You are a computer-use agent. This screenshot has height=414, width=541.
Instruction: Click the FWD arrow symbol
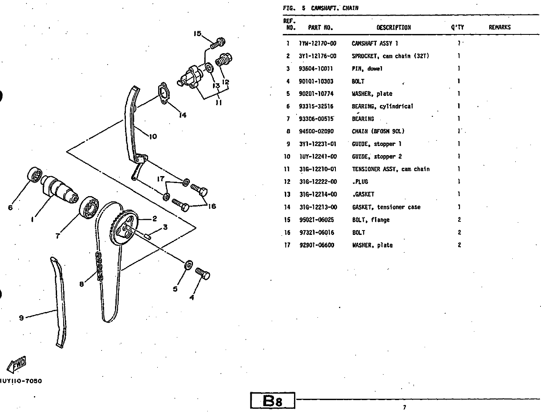click(17, 364)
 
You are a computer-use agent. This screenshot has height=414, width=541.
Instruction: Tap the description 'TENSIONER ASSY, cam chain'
click(390, 169)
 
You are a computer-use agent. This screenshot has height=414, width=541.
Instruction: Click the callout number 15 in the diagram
click(197, 34)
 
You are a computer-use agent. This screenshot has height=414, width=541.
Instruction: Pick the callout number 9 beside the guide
click(21, 318)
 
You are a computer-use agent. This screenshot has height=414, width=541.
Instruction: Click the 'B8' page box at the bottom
click(273, 400)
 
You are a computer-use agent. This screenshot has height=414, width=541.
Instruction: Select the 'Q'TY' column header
click(457, 27)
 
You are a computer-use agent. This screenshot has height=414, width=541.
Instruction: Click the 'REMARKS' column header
click(500, 27)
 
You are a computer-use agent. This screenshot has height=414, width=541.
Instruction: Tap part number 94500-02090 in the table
click(318, 131)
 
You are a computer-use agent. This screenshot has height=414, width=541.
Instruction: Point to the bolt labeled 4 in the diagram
click(203, 273)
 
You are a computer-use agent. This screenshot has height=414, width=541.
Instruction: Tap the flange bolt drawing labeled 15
click(218, 43)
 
